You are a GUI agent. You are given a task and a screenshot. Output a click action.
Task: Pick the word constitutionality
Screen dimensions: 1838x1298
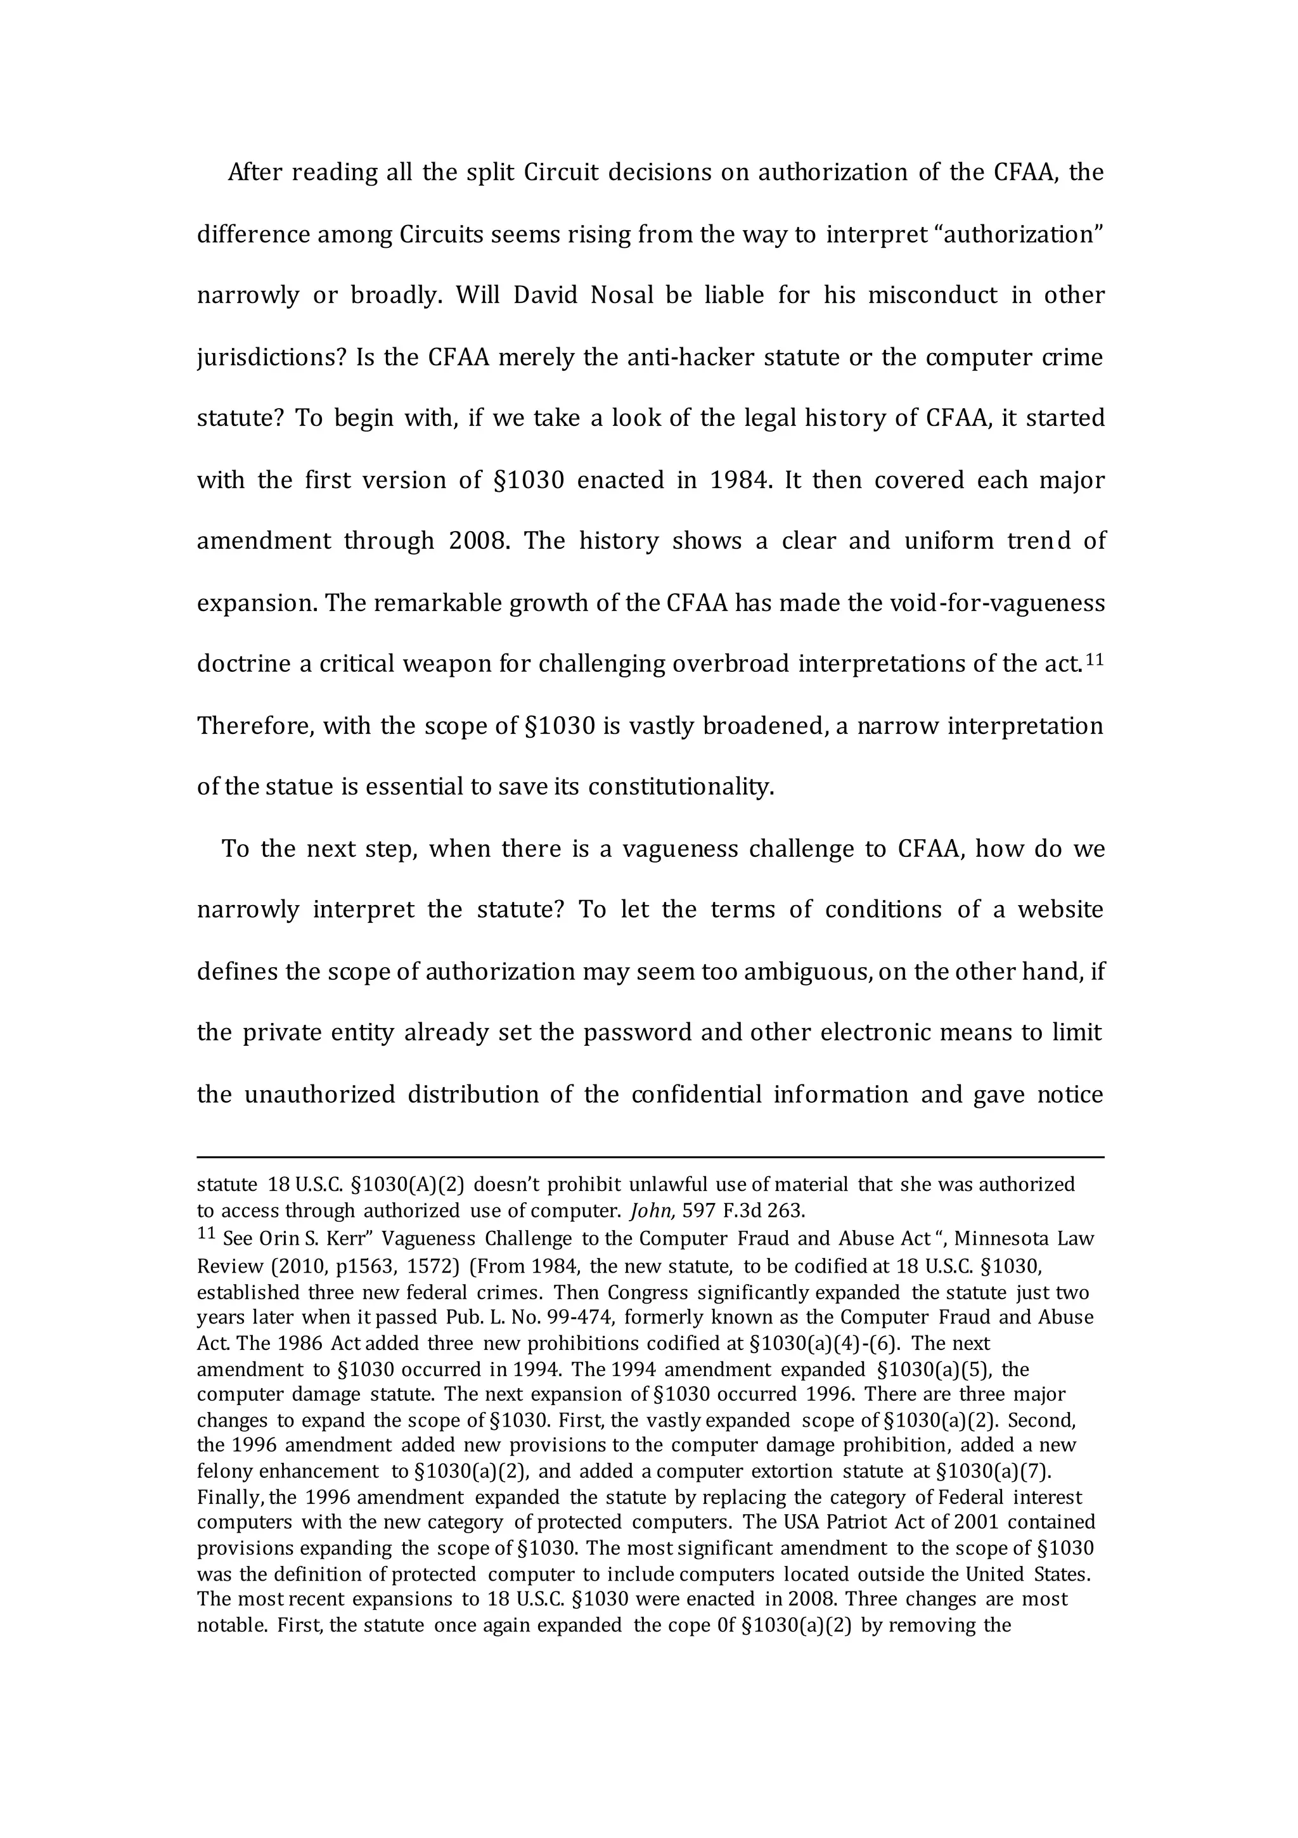(681, 788)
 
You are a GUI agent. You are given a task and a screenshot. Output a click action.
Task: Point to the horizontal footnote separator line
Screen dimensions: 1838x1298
(650, 1157)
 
